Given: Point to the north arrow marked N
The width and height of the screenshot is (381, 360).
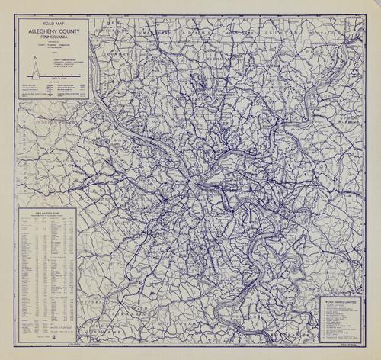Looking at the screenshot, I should (34, 71).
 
